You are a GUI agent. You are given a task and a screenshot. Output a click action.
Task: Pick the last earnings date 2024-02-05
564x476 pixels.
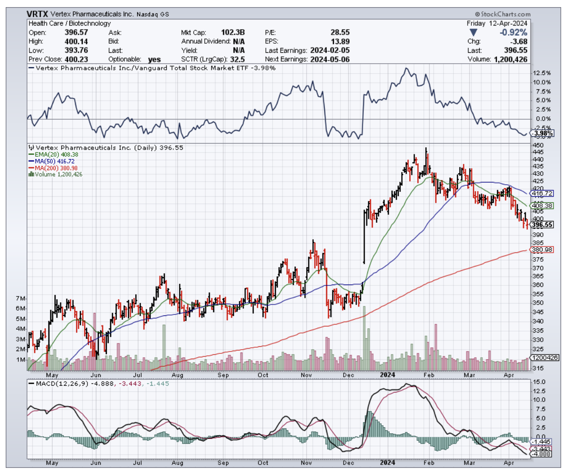tap(329, 50)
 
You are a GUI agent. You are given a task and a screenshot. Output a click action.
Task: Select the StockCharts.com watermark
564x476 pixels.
tap(504, 15)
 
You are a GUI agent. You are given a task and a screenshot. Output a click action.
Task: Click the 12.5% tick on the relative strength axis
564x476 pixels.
tap(542, 73)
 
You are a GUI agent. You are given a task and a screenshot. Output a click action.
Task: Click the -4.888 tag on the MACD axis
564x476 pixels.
tap(541, 454)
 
